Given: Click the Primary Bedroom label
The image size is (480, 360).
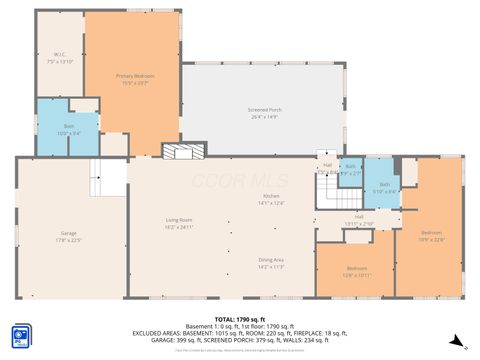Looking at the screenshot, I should [x=132, y=76].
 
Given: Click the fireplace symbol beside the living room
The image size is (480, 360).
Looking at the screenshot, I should [x=185, y=151].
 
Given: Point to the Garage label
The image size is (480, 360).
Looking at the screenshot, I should [x=68, y=233].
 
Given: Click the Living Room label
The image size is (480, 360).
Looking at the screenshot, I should [x=179, y=219].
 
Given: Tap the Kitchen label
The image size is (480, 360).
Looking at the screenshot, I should [x=271, y=196].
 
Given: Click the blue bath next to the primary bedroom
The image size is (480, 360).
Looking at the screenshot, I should [x=55, y=127].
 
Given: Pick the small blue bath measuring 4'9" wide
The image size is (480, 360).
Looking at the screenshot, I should [x=350, y=170].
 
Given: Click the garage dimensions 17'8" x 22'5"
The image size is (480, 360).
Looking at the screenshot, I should [x=68, y=239].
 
